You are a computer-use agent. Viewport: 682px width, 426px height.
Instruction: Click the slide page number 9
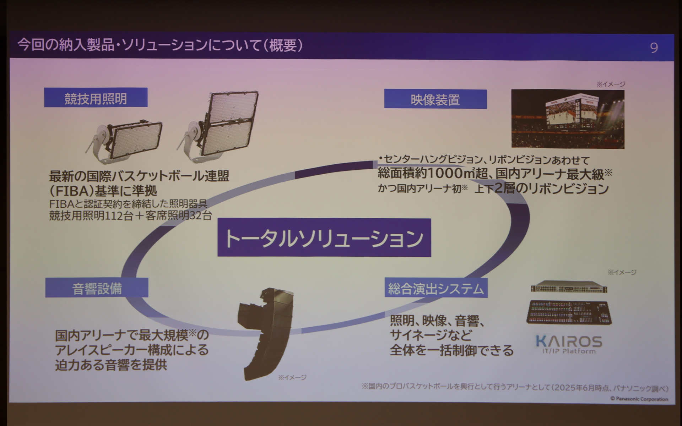point(654,48)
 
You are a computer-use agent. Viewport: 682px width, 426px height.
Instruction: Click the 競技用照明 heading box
point(96,98)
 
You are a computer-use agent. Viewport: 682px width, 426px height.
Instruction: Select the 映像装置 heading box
point(435,99)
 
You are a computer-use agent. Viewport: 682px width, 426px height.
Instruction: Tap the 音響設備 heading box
point(97,288)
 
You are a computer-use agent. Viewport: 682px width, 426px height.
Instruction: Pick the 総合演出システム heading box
point(436,288)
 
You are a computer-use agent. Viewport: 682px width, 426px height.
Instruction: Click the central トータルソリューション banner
point(324,238)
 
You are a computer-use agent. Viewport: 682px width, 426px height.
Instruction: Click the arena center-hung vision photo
point(568,119)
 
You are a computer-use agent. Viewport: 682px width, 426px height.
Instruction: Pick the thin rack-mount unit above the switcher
point(569,286)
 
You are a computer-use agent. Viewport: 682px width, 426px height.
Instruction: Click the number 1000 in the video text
point(445,174)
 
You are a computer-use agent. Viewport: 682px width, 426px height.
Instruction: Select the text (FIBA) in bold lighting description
point(69,191)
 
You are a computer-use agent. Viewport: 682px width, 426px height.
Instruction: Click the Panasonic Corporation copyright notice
point(639,399)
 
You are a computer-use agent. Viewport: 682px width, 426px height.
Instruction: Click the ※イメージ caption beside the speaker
point(292,378)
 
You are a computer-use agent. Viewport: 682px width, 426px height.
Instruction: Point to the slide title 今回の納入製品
point(66,45)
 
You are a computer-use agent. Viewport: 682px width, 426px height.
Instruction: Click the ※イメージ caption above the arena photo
point(611,84)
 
